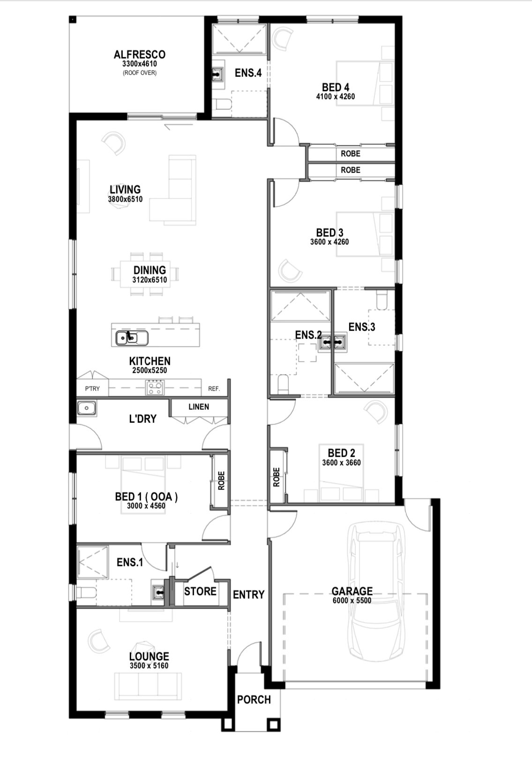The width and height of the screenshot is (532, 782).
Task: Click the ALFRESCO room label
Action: click(140, 54)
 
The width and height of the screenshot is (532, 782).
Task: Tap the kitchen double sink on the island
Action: click(132, 338)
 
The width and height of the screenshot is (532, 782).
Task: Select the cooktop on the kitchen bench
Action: click(155, 388)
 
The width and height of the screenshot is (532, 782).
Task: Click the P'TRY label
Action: click(92, 389)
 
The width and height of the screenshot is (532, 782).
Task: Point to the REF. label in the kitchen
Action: click(214, 389)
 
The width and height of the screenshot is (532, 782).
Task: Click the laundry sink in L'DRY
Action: click(87, 408)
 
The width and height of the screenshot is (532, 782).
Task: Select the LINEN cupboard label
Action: click(199, 407)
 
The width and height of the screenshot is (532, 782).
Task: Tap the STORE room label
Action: click(200, 591)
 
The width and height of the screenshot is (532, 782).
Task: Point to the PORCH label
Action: click(254, 699)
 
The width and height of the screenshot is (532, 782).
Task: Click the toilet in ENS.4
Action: click(222, 104)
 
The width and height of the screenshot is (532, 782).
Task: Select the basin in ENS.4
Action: click(218, 75)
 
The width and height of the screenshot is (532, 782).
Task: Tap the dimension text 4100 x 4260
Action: click(336, 97)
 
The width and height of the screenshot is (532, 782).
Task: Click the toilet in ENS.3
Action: click(382, 300)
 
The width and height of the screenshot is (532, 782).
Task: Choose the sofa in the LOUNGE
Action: click(148, 687)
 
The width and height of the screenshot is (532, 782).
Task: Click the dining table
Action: click(145, 274)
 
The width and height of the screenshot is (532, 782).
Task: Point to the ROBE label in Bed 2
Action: click(277, 477)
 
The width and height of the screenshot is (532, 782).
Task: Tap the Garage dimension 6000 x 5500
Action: click(352, 601)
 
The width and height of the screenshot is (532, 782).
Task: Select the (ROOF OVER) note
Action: click(140, 73)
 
